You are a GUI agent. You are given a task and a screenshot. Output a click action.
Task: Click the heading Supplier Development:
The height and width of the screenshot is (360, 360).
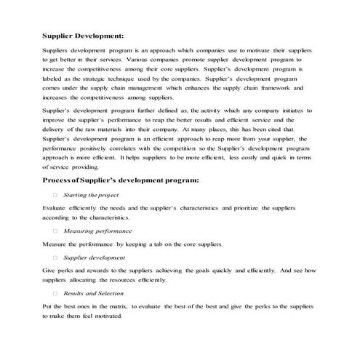tap(83, 35)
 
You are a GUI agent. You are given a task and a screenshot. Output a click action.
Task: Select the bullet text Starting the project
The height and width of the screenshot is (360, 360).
tap(91, 196)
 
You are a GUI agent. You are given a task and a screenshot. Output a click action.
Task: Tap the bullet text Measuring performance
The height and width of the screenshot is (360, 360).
tap(97, 230)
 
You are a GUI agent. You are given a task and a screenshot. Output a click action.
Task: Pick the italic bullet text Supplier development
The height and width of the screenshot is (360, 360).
tap(94, 257)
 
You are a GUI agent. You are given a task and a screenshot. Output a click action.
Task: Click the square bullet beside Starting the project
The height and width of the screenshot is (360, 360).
tap(55, 196)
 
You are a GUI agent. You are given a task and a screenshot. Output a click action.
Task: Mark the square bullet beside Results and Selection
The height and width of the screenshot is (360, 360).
tap(55, 292)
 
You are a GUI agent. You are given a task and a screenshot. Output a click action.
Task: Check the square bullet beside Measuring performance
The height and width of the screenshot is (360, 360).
tap(55, 230)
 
